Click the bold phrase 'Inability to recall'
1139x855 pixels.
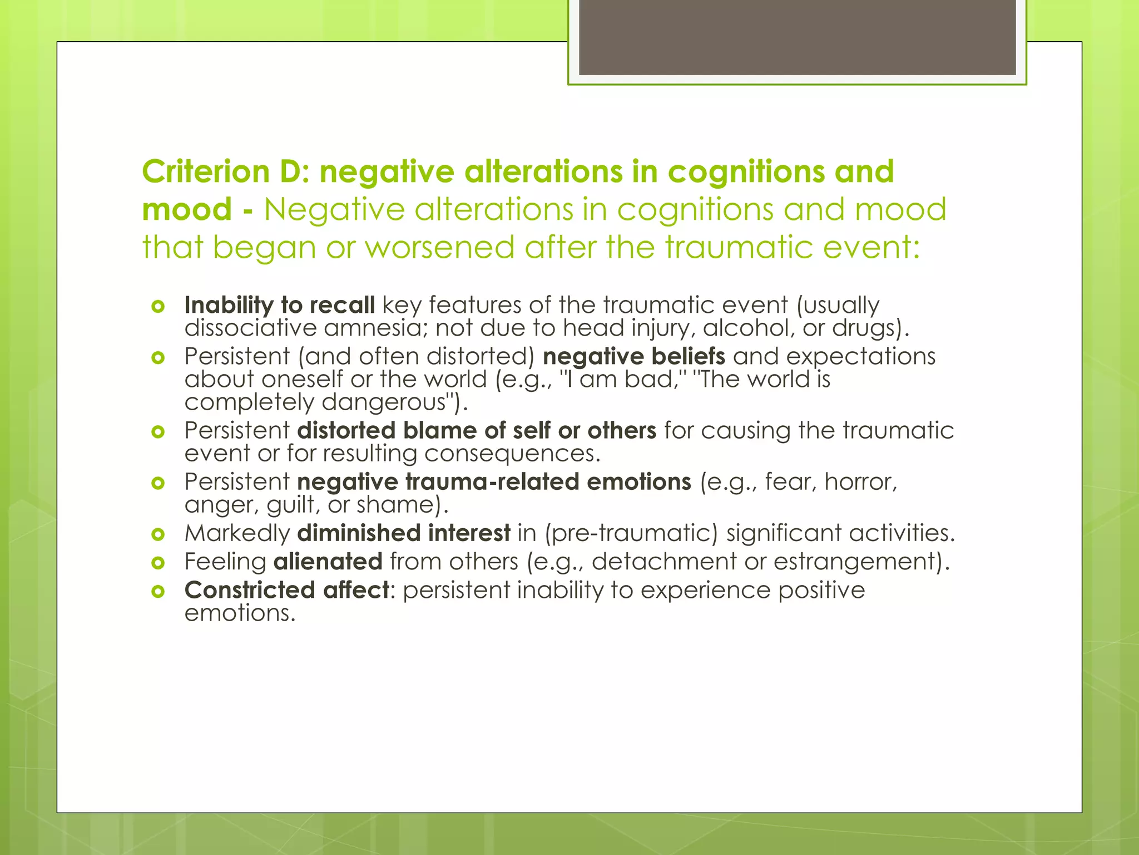(279, 305)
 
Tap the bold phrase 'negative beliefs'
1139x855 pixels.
(634, 356)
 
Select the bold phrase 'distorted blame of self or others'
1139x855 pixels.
(477, 430)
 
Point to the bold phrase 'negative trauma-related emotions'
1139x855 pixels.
(494, 481)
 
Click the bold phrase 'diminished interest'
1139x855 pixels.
(404, 533)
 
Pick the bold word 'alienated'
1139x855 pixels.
(328, 561)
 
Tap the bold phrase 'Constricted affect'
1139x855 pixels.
(287, 590)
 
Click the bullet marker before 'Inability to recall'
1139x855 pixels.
(158, 306)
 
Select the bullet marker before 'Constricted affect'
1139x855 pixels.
(158, 591)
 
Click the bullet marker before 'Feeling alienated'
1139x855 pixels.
(158, 563)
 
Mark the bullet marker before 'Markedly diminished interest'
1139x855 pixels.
(158, 534)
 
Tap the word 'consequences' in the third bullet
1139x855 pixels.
(512, 453)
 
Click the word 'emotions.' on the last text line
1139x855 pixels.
(239, 613)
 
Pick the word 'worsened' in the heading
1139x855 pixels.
(439, 247)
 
